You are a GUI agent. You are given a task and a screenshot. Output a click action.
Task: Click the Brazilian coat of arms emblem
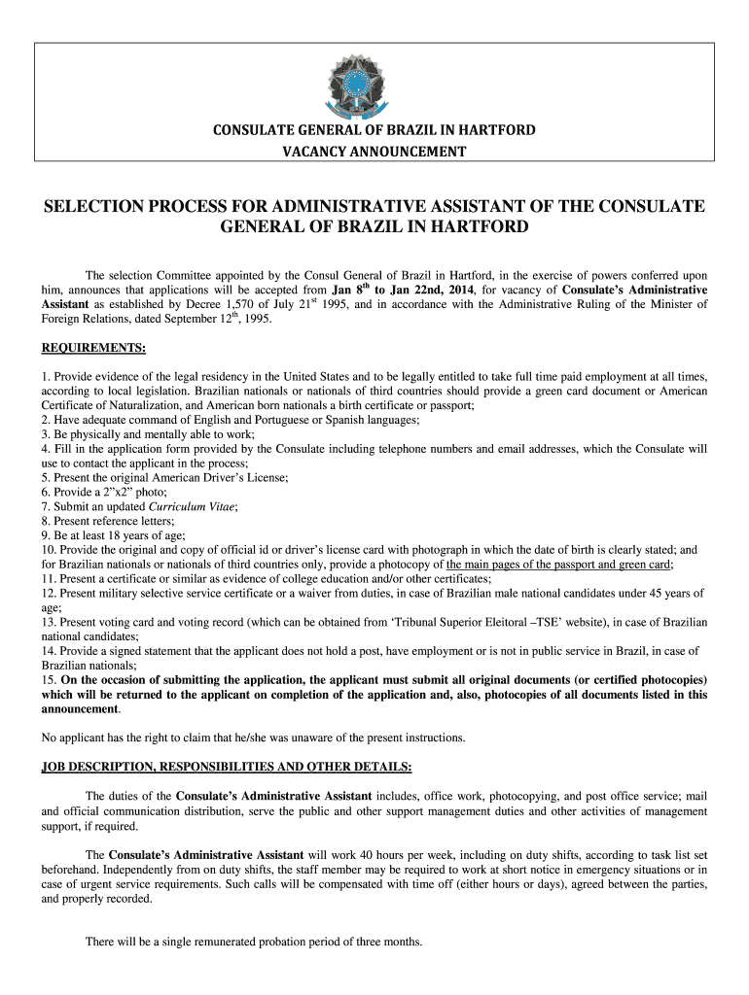[x=374, y=84]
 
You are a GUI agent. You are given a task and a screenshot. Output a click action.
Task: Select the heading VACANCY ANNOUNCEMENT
[x=374, y=151]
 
